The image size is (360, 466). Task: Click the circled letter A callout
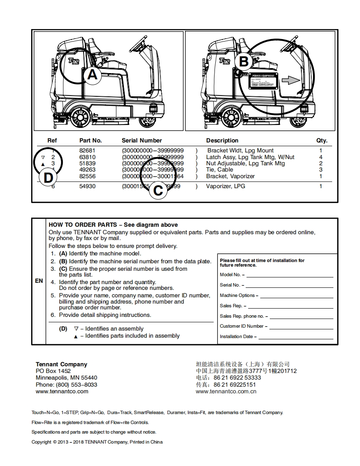[92, 75]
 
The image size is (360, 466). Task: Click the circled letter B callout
[244, 62]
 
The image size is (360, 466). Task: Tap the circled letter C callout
[158, 191]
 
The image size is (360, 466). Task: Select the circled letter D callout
[49, 177]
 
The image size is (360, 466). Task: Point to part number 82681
[87, 150]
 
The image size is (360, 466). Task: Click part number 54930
[87, 186]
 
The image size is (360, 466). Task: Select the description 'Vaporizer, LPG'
[226, 186]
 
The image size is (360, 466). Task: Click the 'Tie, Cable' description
[219, 169]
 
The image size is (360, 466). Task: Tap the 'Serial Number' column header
[142, 140]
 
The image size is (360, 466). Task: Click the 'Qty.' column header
[322, 140]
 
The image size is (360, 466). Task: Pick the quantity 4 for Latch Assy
[321, 157]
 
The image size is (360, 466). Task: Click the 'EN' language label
[39, 281]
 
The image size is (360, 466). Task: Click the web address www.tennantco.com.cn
[226, 391]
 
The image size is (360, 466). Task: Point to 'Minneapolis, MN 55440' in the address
[67, 378]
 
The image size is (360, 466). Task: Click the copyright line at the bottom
[97, 442]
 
